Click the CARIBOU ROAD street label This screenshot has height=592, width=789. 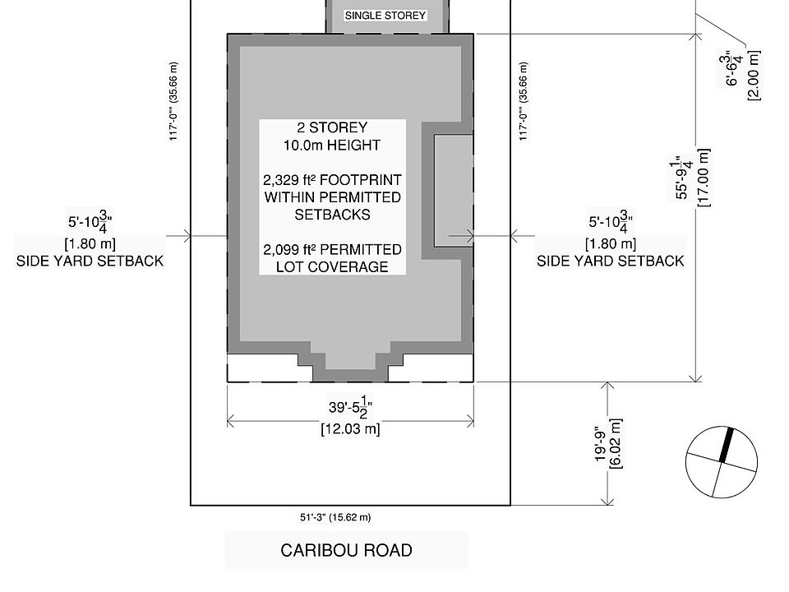[x=346, y=550]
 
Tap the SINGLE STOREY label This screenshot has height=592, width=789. [x=385, y=16]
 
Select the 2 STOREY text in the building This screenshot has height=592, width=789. [x=332, y=128]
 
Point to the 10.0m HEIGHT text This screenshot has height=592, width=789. [x=332, y=146]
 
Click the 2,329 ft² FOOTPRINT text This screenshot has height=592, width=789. [x=332, y=180]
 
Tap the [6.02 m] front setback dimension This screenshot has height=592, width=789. [x=617, y=444]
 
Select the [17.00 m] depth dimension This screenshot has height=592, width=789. [x=704, y=178]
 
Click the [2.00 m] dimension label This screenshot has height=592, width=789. [x=754, y=76]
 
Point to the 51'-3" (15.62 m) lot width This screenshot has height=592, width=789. [x=335, y=518]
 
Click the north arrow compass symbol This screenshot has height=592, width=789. [x=721, y=462]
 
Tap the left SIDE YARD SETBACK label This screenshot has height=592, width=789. [x=90, y=261]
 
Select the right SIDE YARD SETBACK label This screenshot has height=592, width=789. [x=610, y=261]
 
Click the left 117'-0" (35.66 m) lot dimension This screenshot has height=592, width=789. [x=174, y=101]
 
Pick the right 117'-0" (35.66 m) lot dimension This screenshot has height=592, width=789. [x=524, y=101]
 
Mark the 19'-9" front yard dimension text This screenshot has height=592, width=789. [x=601, y=444]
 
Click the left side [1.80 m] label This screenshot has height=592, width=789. [x=90, y=243]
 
